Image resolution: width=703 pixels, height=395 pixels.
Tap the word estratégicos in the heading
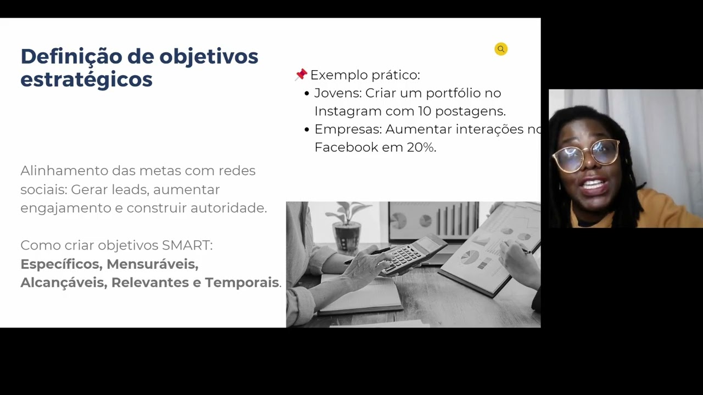[86, 80]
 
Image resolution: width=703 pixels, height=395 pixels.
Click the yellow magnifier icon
[501, 49]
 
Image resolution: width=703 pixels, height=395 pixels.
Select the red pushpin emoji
[301, 75]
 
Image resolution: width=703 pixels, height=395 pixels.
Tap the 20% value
[421, 147]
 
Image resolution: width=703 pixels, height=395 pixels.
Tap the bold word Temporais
[242, 283]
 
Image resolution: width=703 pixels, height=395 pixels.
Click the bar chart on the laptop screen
[456, 219]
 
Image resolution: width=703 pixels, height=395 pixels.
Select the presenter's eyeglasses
[587, 154]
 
